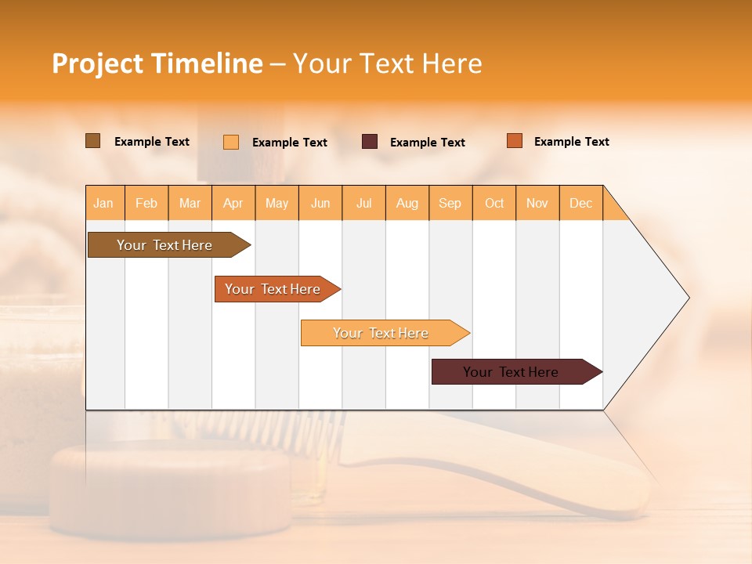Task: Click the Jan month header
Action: point(104,203)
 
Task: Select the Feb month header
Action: point(146,203)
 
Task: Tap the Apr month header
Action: point(233,203)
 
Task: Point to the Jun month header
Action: point(320,203)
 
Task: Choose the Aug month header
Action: point(407,203)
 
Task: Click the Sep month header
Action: point(450,203)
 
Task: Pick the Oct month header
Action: point(494,203)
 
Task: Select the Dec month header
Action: point(581,203)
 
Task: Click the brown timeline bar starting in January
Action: point(165,245)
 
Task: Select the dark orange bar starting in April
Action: point(273,289)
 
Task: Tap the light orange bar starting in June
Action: point(381,333)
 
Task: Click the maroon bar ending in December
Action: point(512,372)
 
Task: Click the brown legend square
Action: point(93,141)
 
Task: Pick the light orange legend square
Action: point(231,142)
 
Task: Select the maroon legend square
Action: point(370,141)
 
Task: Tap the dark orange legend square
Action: point(515,141)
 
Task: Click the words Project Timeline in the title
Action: point(157,63)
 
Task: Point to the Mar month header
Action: point(190,203)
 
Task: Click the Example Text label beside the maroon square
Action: point(428,143)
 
